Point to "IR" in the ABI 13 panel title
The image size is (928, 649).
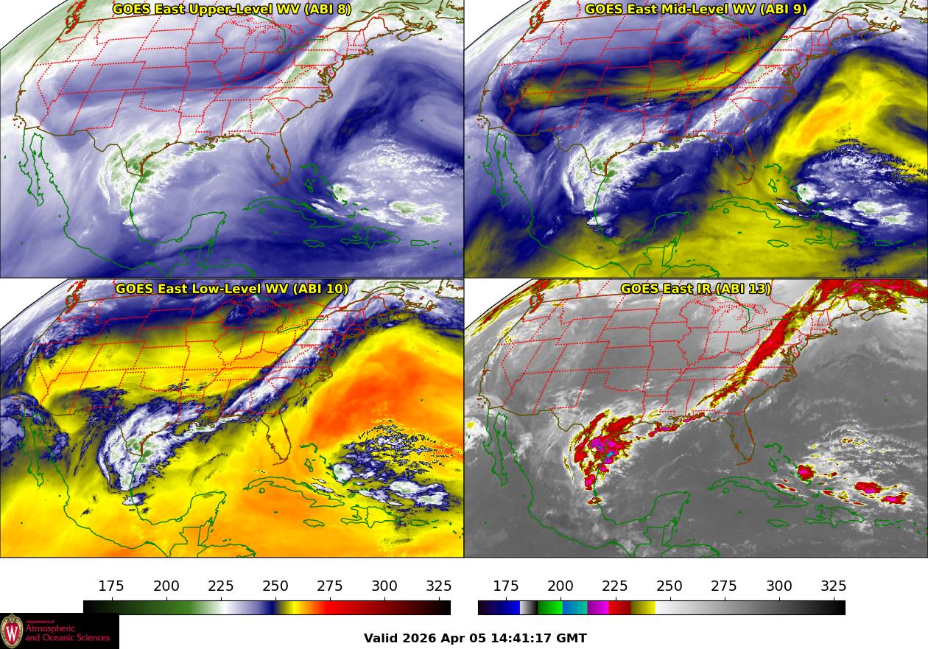click(x=703, y=289)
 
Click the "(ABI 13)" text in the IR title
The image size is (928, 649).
click(x=743, y=289)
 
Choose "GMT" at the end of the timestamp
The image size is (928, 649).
click(x=572, y=638)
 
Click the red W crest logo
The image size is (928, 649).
click(x=12, y=631)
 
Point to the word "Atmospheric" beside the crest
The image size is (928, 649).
click(x=47, y=628)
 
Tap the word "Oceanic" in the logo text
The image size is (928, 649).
click(x=65, y=637)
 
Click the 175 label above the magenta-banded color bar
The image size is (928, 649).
click(x=506, y=586)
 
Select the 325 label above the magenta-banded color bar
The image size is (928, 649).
click(x=834, y=586)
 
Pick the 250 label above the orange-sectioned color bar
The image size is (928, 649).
click(x=275, y=586)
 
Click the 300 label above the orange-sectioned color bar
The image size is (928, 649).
click(x=384, y=586)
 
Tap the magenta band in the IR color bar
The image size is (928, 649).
click(x=599, y=608)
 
